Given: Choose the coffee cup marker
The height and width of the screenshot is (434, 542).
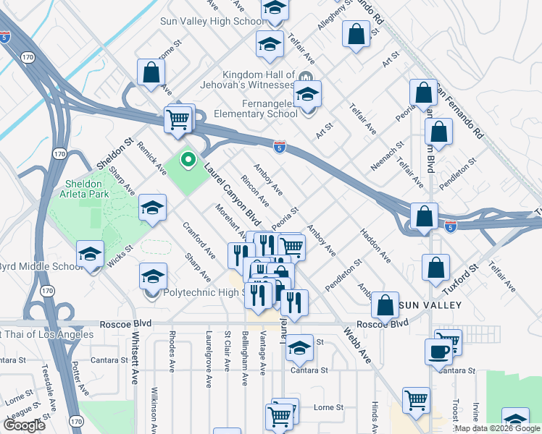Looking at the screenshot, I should coord(439,352).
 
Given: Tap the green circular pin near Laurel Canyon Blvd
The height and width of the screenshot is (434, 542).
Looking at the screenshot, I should coord(188,159).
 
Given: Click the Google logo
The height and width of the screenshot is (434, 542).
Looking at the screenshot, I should coord(24,425).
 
